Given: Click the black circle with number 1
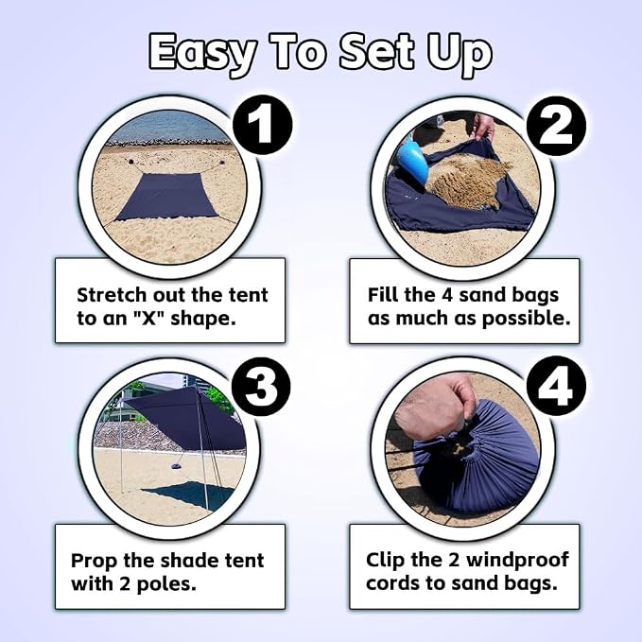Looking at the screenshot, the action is (263, 125).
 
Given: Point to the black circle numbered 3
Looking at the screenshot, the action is (261, 387).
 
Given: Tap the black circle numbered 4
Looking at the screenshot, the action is (556, 387).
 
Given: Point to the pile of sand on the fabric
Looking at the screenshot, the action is (468, 182).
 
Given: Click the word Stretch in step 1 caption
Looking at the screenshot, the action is (112, 295).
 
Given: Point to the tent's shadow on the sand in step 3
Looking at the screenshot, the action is (188, 495).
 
